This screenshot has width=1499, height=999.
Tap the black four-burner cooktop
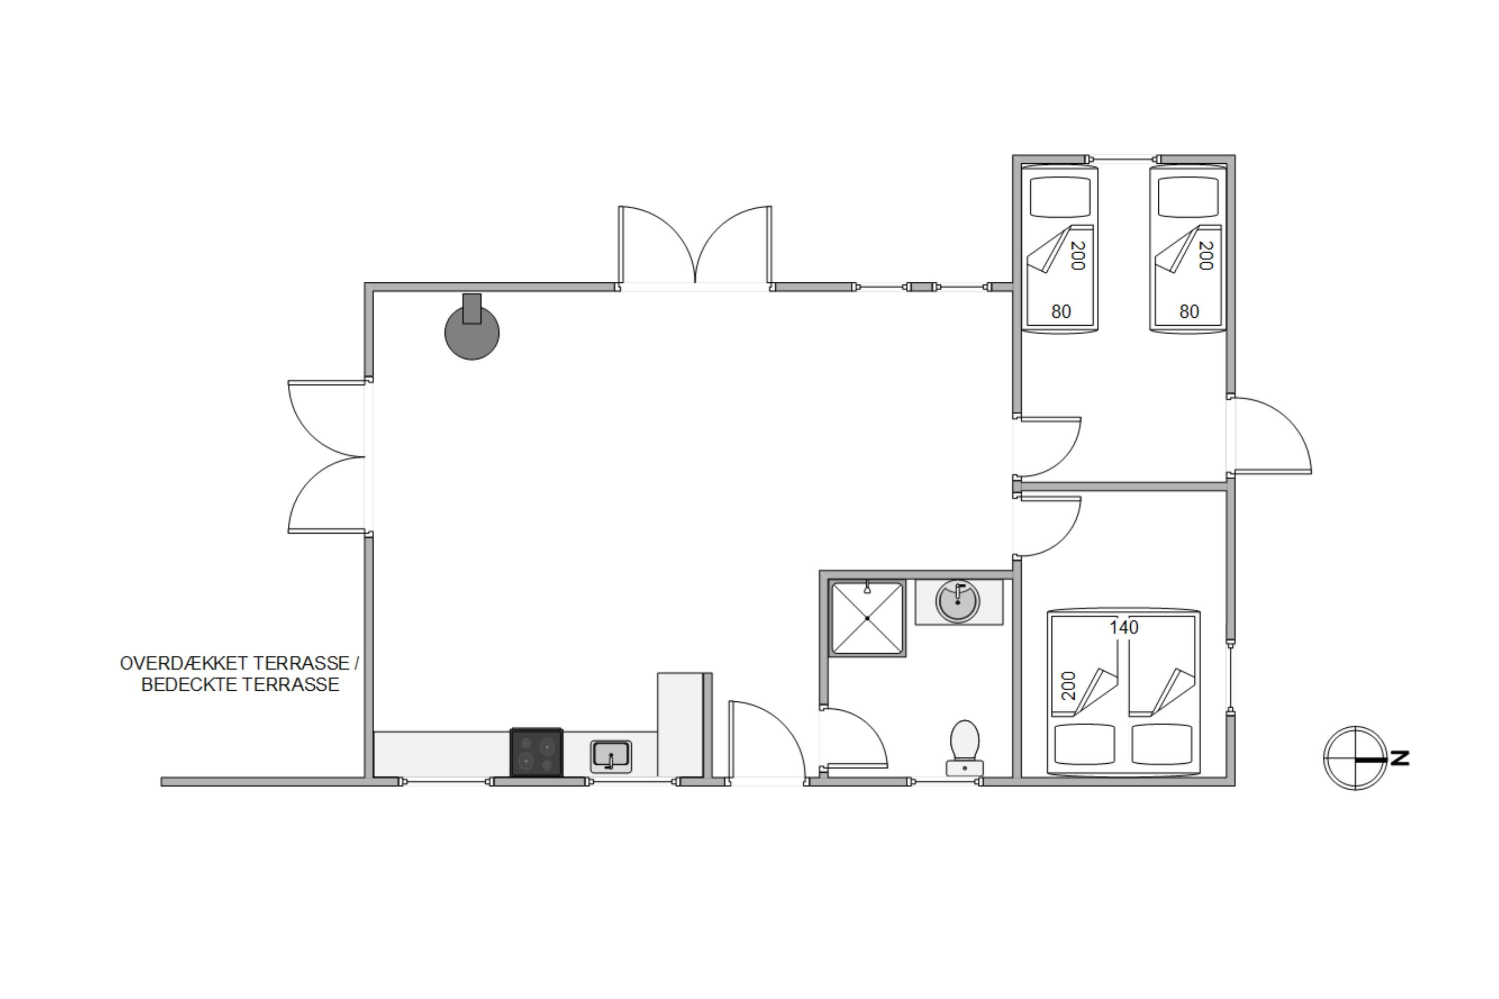[x=536, y=752]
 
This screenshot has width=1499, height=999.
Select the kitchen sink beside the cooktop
[x=611, y=756]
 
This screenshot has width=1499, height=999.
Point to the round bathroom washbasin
[x=957, y=601]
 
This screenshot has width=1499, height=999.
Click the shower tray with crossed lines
[x=867, y=618]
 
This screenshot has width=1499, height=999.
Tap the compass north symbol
[x=1355, y=758]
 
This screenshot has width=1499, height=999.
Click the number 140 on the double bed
[x=1124, y=627]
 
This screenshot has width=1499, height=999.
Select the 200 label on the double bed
[x=1068, y=685]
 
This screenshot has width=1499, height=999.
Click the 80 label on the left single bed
[x=1060, y=312]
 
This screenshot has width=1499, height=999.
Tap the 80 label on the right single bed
[x=1189, y=312]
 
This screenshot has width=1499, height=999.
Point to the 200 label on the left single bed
[x=1077, y=255]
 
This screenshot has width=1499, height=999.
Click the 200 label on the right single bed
[x=1205, y=255]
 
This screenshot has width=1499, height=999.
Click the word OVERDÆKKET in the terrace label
[x=183, y=663]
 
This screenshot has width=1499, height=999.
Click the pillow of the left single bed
[x=1060, y=196]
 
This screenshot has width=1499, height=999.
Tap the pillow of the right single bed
[x=1188, y=196]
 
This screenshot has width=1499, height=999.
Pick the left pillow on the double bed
[x=1085, y=744]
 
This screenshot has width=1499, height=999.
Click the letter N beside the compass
[x=1400, y=758]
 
